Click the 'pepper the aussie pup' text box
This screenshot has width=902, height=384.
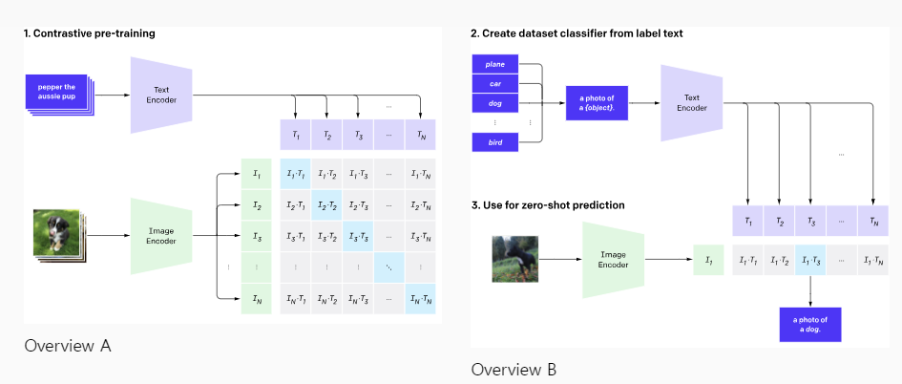56,92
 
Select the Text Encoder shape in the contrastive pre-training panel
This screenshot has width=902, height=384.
161,95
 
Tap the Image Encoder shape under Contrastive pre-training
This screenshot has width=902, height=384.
161,236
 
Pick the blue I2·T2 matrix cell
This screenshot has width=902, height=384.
326,205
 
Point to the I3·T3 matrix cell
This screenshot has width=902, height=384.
358,236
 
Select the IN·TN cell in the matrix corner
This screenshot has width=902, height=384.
421,299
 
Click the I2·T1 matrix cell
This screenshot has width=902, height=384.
295,205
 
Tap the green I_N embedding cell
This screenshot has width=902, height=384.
256,299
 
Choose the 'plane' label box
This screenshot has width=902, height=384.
494,64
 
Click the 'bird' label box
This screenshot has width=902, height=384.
494,142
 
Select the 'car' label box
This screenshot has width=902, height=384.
494,83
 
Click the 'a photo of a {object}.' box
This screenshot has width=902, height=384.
598,103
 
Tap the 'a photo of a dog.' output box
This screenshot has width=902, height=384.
810,325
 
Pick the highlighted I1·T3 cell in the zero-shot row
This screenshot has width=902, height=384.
810,260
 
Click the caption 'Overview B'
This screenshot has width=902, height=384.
514,370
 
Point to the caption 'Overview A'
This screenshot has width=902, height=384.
68,346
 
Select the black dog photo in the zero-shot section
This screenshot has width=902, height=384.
514,259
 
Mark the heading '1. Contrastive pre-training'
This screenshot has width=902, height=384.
89,33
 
